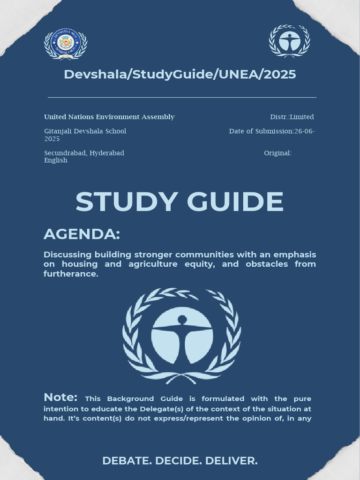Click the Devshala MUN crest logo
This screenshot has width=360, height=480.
click(x=66, y=44)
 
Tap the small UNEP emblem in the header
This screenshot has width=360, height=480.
click(x=289, y=41)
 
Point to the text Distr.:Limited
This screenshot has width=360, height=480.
click(x=292, y=117)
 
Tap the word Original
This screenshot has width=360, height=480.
click(x=277, y=153)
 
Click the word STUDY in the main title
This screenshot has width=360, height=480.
click(x=126, y=202)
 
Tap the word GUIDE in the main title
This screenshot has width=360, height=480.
click(x=235, y=202)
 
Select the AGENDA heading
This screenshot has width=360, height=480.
click(x=82, y=234)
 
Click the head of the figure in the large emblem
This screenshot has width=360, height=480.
click(x=182, y=320)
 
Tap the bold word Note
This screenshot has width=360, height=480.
click(x=60, y=397)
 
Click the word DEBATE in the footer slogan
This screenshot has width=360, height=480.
click(x=125, y=461)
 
